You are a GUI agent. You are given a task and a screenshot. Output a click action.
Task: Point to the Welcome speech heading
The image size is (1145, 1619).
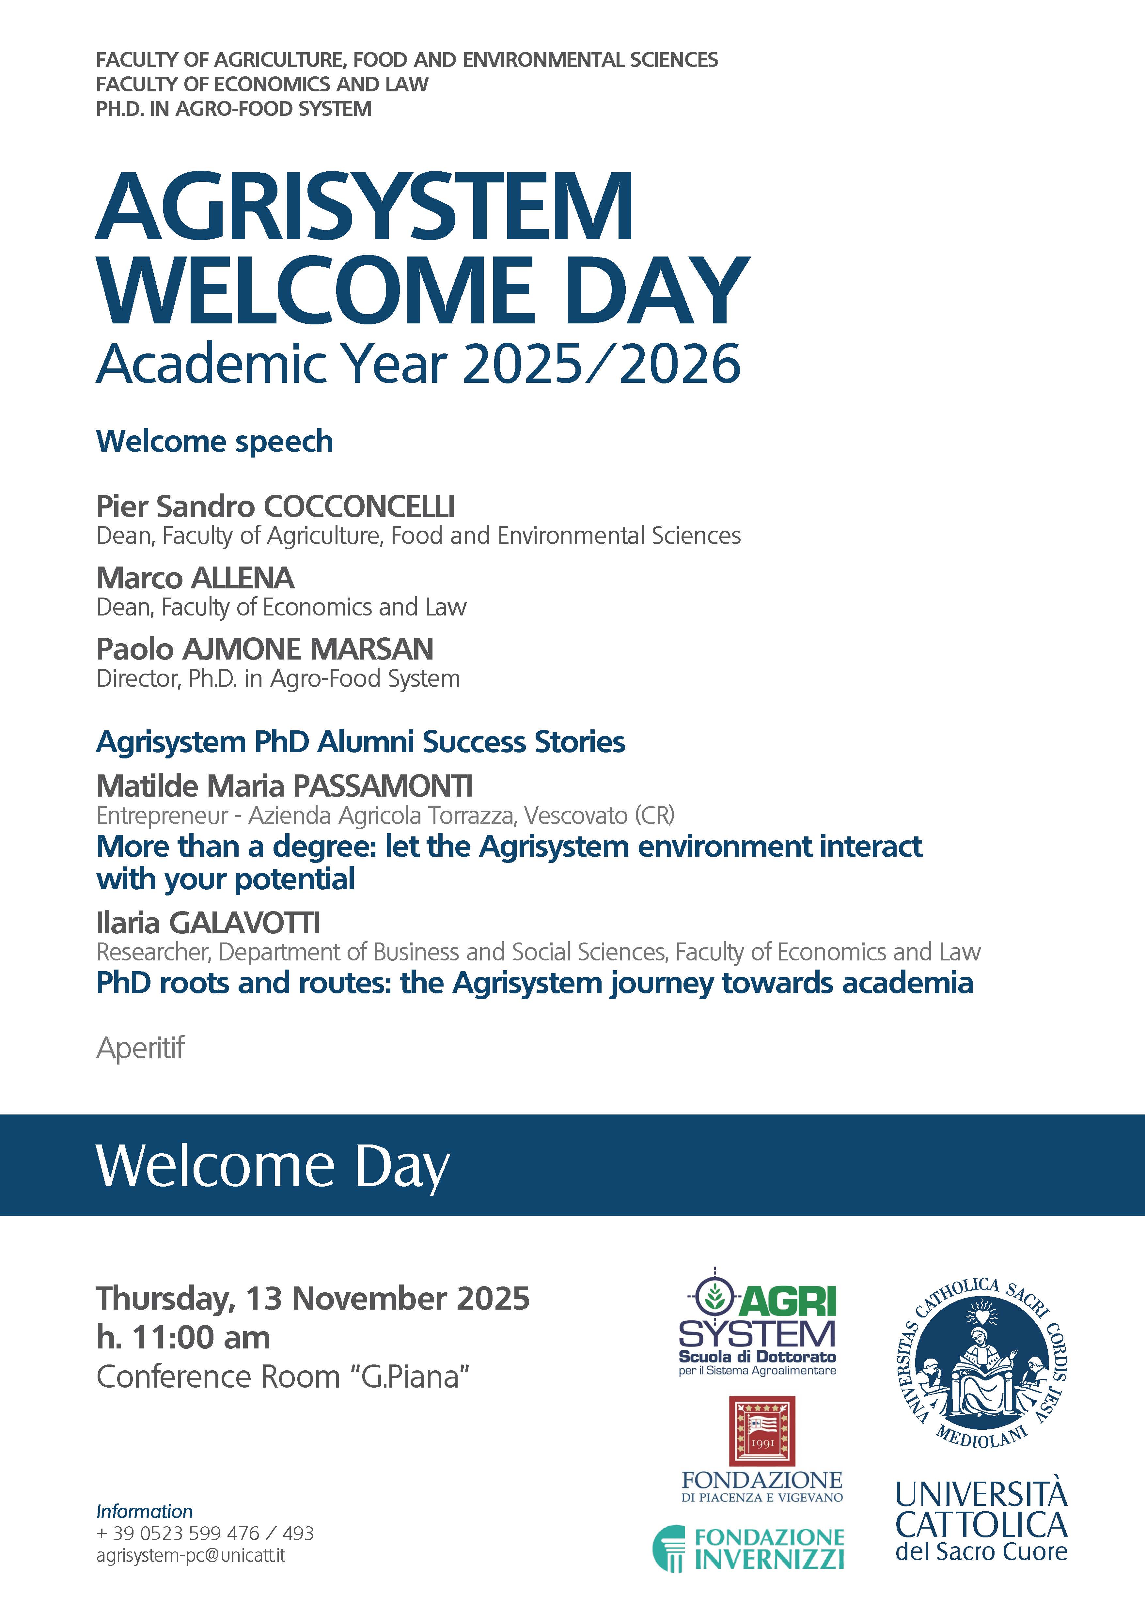tap(214, 442)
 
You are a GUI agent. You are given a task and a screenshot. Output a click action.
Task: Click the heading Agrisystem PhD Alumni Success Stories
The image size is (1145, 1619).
tap(360, 742)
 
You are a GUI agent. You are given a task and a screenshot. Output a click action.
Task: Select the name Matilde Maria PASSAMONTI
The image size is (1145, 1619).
tap(284, 786)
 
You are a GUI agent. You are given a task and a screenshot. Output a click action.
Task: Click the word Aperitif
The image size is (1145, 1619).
tap(140, 1048)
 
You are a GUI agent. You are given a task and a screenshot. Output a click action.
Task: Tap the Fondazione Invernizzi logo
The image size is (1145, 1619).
tap(749, 1549)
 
